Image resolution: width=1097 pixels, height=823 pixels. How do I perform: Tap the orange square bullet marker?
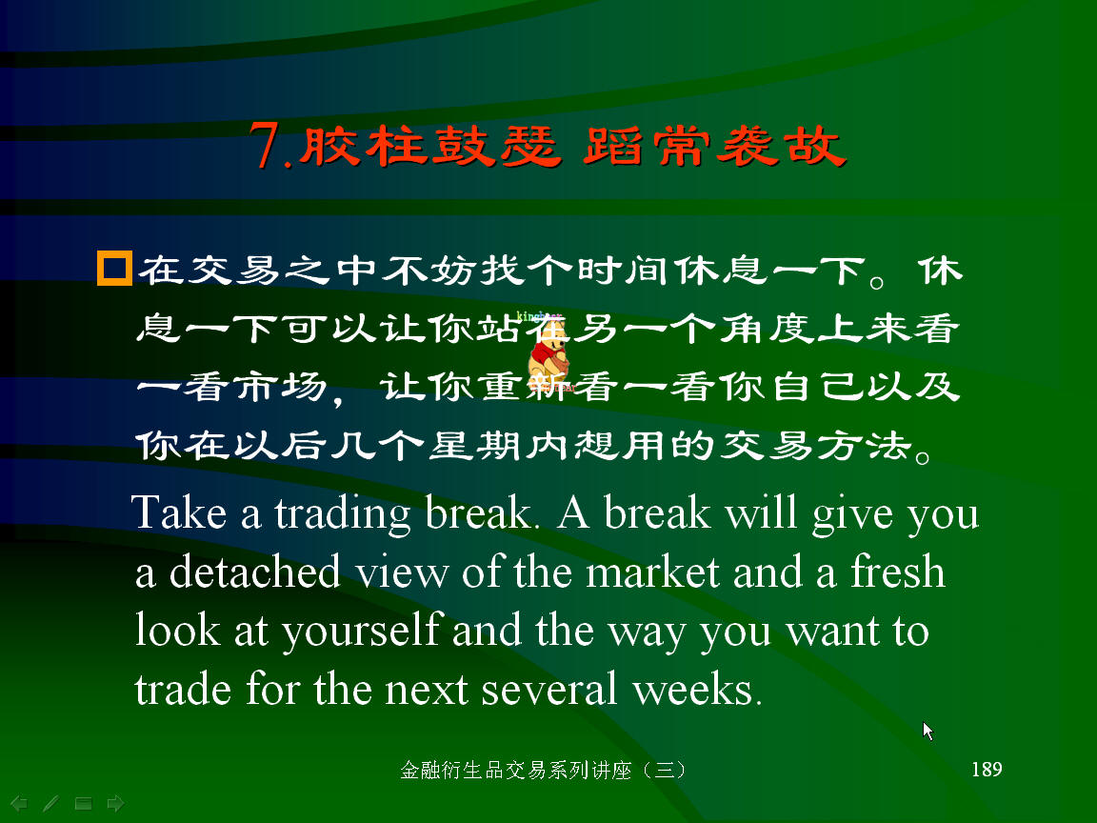[114, 269]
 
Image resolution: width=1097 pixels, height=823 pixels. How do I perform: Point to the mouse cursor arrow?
[927, 732]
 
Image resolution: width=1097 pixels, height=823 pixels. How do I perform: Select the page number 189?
[987, 769]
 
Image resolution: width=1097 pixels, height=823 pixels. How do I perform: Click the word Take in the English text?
[179, 512]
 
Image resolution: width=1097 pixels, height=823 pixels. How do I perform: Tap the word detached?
[254, 572]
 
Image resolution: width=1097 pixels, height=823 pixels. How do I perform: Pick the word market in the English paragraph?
[652, 572]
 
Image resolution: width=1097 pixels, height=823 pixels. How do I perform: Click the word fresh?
[898, 572]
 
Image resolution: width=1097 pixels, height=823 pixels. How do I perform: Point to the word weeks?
[697, 689]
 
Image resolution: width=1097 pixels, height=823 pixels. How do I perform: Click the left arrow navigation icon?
[19, 803]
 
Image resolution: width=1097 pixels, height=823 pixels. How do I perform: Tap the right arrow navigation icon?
[115, 803]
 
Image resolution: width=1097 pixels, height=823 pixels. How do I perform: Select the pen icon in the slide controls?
[50, 803]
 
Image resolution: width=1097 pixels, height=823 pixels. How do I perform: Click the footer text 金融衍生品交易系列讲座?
[515, 770]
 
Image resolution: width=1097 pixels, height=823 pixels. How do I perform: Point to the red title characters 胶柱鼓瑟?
[430, 147]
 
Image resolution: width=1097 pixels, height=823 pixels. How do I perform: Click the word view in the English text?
[401, 572]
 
